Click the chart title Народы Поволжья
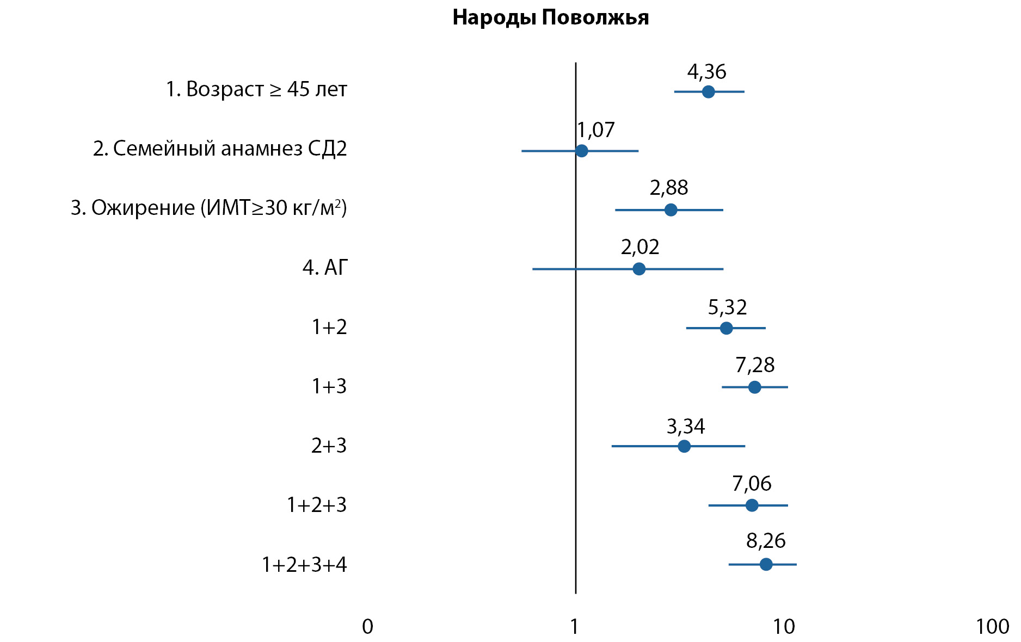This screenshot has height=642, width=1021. tap(550, 17)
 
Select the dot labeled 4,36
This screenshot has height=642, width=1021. tap(708, 91)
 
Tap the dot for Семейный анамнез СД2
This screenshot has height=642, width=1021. tap(581, 151)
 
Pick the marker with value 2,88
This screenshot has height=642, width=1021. tap(671, 210)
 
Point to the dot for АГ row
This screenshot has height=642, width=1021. tap(639, 269)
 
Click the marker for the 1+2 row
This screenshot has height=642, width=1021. tap(726, 328)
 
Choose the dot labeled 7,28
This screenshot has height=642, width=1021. tap(754, 387)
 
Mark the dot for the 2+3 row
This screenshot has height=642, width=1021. tap(684, 446)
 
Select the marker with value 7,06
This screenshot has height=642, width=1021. tap(752, 505)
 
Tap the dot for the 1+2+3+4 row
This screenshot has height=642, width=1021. tap(766, 564)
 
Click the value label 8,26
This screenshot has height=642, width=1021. tap(766, 541)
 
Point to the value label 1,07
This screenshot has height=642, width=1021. tap(596, 130)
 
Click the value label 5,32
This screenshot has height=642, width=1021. tap(727, 307)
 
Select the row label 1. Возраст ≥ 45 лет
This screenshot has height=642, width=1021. tap(256, 89)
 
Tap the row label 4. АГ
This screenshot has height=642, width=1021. tap(325, 268)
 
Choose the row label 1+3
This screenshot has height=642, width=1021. tap(329, 386)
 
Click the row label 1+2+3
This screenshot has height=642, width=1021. tap(317, 505)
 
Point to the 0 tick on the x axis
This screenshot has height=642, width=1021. tap(368, 627)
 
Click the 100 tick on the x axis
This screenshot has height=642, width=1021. tap(993, 627)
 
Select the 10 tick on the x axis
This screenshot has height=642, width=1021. tap(784, 627)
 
